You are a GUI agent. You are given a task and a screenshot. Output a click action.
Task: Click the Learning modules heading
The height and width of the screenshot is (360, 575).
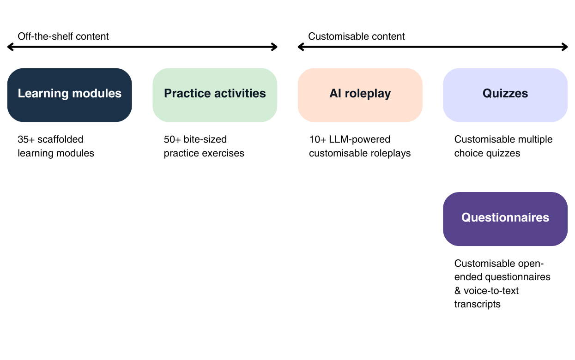click(70, 94)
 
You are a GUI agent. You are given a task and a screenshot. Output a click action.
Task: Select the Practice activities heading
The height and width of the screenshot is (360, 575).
click(215, 94)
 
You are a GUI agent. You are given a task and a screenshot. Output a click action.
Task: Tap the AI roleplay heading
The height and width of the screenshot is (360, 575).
click(360, 94)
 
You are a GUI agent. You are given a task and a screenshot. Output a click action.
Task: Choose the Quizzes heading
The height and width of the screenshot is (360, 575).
click(505, 94)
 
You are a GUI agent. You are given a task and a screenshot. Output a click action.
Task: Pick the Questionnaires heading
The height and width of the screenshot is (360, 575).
click(505, 218)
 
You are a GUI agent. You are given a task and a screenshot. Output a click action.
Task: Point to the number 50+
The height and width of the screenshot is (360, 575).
click(172, 139)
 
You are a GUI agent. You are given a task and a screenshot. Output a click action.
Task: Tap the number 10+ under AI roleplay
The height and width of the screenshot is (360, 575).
click(318, 139)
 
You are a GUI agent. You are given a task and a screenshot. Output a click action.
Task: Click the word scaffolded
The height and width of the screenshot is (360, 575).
click(61, 139)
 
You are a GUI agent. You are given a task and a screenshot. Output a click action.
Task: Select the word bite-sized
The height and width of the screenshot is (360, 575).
click(206, 139)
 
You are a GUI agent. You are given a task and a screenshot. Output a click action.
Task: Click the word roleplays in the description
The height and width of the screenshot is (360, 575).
click(392, 153)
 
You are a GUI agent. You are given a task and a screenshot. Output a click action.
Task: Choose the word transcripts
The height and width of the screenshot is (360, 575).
click(478, 305)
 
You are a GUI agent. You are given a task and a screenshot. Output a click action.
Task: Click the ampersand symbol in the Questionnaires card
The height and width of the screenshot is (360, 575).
click(458, 291)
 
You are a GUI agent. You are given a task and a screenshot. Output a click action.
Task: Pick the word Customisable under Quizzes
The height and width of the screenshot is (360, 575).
click(485, 139)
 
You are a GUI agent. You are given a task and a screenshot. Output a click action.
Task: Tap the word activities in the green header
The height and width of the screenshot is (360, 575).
click(240, 94)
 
